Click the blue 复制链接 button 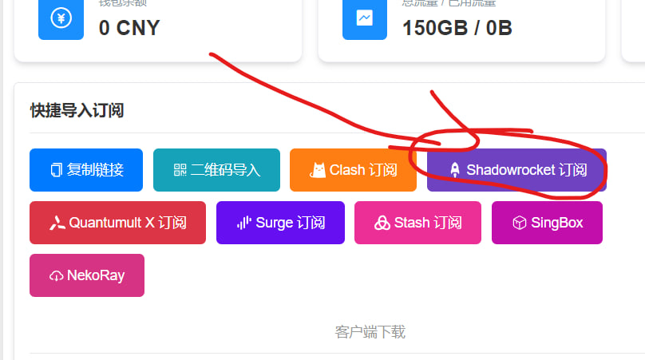click(x=86, y=170)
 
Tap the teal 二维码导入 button click(x=216, y=170)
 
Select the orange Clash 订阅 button click(x=353, y=170)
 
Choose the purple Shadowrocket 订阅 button click(x=516, y=170)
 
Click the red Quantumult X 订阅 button click(x=117, y=223)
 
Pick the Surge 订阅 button click(x=280, y=223)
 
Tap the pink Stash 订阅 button click(x=417, y=223)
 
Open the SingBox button click(x=547, y=223)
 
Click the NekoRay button click(x=87, y=275)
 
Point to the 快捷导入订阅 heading click(x=77, y=110)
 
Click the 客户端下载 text click(x=370, y=331)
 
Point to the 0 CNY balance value click(x=129, y=28)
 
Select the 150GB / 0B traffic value click(x=457, y=28)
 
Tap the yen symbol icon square click(x=61, y=18)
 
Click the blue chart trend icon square click(x=365, y=18)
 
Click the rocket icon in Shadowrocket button click(x=455, y=170)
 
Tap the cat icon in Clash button click(x=319, y=170)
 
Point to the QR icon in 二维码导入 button click(x=180, y=170)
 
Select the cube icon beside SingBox click(x=519, y=223)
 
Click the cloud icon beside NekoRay click(x=56, y=276)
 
